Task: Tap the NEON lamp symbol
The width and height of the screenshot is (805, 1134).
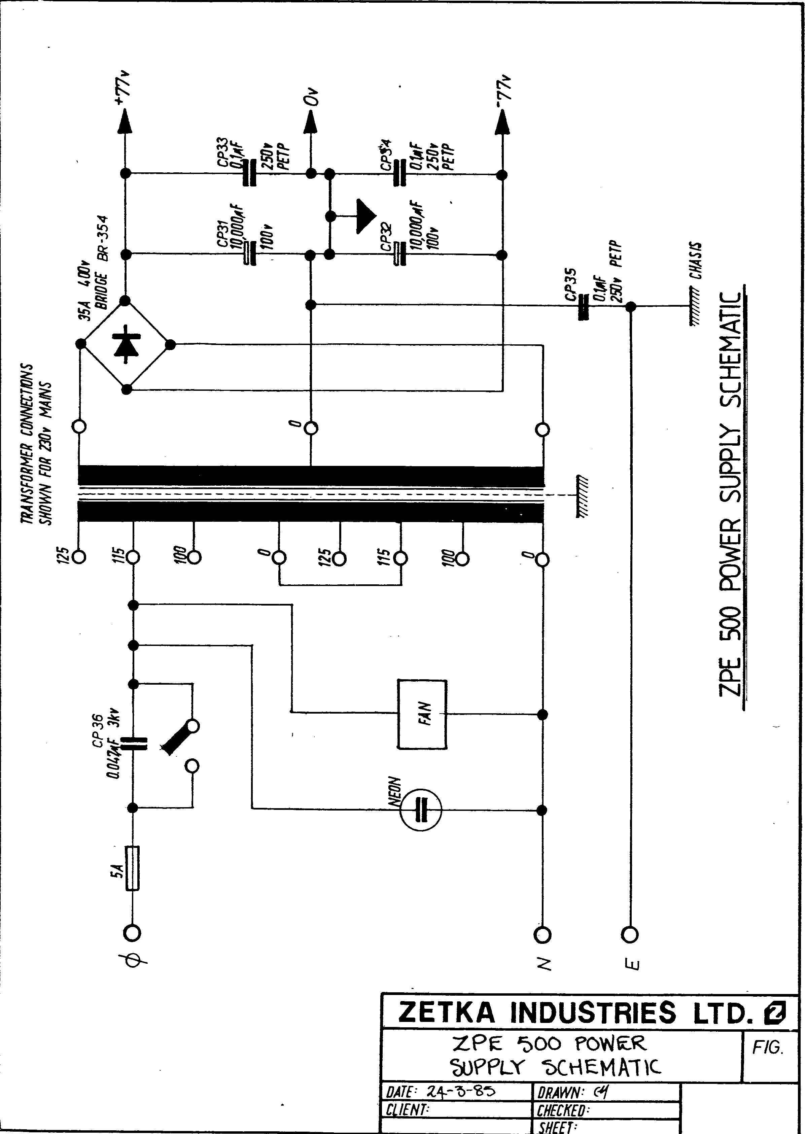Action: [420, 810]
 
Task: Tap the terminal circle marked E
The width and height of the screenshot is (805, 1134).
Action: [630, 934]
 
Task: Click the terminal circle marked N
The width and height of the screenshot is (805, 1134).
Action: [542, 934]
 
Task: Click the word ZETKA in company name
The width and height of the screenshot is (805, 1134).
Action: [447, 1012]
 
